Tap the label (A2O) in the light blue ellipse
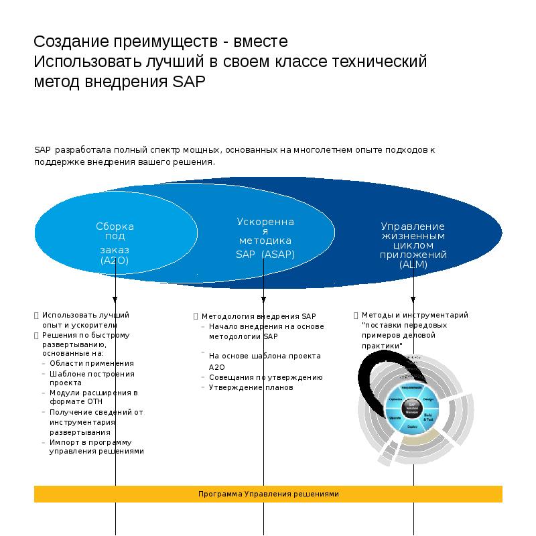[x=115, y=259]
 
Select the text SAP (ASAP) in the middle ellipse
[x=265, y=254]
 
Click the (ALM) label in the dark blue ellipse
[x=413, y=264]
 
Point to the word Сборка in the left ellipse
[x=115, y=226]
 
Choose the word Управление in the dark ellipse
[x=413, y=226]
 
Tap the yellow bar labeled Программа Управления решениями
[x=268, y=494]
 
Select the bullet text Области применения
[x=91, y=363]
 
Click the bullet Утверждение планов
[x=251, y=387]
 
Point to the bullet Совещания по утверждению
[x=265, y=377]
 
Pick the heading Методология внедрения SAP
[x=258, y=316]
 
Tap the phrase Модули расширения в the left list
[x=93, y=393]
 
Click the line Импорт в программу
[x=90, y=442]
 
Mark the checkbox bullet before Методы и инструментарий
[x=356, y=315]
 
